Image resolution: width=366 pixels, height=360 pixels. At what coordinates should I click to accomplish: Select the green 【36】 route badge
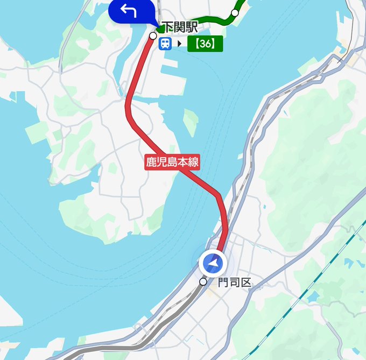point(205,44)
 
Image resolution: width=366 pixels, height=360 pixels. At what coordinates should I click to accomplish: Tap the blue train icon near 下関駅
point(165,44)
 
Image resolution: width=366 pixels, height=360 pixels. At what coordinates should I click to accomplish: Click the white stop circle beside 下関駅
point(153,36)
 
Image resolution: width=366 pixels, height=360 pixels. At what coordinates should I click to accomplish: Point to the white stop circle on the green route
point(235,12)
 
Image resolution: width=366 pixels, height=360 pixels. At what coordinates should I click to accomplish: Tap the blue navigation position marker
point(214,264)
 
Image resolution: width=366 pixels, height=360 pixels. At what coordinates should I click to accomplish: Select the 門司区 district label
point(235,282)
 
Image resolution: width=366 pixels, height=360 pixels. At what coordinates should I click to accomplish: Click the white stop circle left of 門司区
point(203,281)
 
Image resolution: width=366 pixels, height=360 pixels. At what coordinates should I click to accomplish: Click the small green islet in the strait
point(191,122)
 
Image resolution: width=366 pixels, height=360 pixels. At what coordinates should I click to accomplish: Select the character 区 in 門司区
point(246,282)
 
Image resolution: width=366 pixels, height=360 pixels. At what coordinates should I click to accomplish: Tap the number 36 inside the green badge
point(205,44)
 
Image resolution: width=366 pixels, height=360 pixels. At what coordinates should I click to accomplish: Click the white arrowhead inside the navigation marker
point(214,263)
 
